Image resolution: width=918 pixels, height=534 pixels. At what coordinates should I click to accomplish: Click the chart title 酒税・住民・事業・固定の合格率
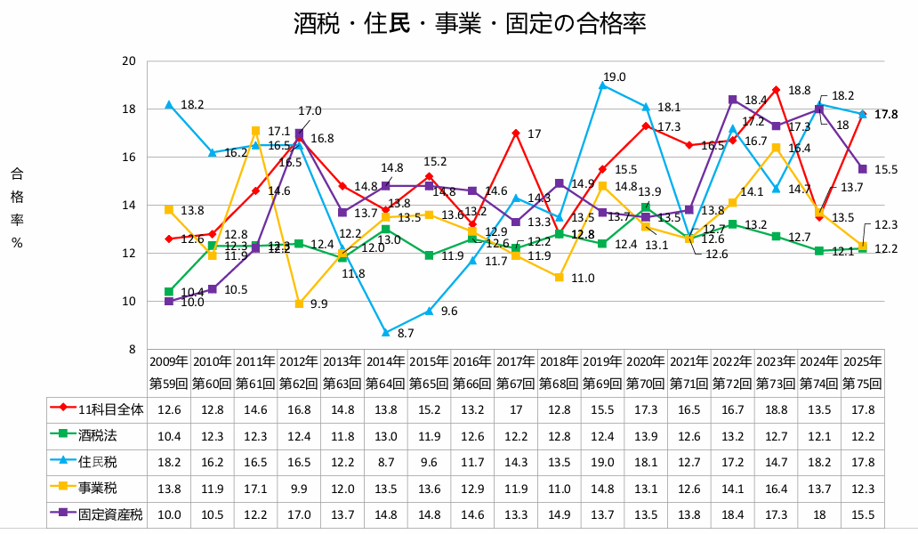click(469, 24)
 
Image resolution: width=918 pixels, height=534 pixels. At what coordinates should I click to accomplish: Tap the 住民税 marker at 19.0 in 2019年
click(603, 85)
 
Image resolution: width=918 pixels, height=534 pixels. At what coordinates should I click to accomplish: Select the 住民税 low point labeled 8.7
click(385, 332)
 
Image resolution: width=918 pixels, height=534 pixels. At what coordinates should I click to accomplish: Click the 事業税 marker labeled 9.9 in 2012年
click(299, 303)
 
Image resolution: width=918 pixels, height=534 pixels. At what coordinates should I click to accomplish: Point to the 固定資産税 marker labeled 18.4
click(733, 100)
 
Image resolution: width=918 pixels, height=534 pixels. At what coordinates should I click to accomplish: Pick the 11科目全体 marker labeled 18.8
click(777, 90)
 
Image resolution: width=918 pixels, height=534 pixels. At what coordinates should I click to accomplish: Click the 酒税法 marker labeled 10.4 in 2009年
click(169, 292)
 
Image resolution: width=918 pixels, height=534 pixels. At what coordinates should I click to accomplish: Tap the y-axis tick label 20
click(128, 61)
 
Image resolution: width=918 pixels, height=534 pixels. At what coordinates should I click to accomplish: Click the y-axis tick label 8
click(131, 350)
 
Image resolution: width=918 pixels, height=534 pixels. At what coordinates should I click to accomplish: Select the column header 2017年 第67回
click(516, 373)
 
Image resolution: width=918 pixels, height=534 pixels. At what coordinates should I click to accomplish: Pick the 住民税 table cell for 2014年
click(385, 461)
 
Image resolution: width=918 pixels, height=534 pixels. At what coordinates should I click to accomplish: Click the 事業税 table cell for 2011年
click(255, 488)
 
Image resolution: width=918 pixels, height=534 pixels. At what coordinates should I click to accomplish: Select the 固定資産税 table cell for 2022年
click(733, 514)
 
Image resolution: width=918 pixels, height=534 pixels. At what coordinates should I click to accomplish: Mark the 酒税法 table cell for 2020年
click(647, 434)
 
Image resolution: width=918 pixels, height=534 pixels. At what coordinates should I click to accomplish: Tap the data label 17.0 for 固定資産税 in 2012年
click(310, 111)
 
